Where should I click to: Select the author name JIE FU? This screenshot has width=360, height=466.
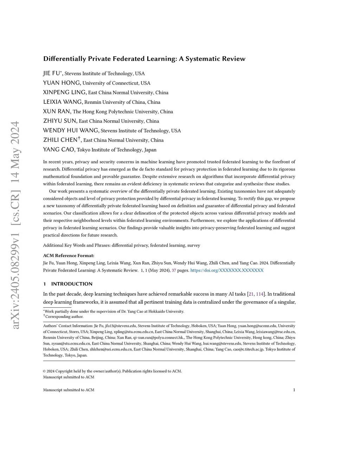pos(52,74)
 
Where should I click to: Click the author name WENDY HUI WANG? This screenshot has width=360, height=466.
pos(71,130)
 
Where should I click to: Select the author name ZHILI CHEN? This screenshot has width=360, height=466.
pos(60,140)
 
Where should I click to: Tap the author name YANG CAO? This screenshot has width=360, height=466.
pos(59,149)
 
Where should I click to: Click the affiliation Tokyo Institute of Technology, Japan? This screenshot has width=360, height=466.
pos(117,150)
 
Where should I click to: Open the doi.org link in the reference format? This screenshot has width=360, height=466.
pos(227,270)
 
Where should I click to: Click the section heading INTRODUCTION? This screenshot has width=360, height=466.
pos(72,284)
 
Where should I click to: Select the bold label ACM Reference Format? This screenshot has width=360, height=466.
pos(69,256)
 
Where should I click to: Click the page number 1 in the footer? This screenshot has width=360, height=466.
pos(294,390)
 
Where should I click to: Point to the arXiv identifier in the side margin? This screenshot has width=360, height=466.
pos(15,225)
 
